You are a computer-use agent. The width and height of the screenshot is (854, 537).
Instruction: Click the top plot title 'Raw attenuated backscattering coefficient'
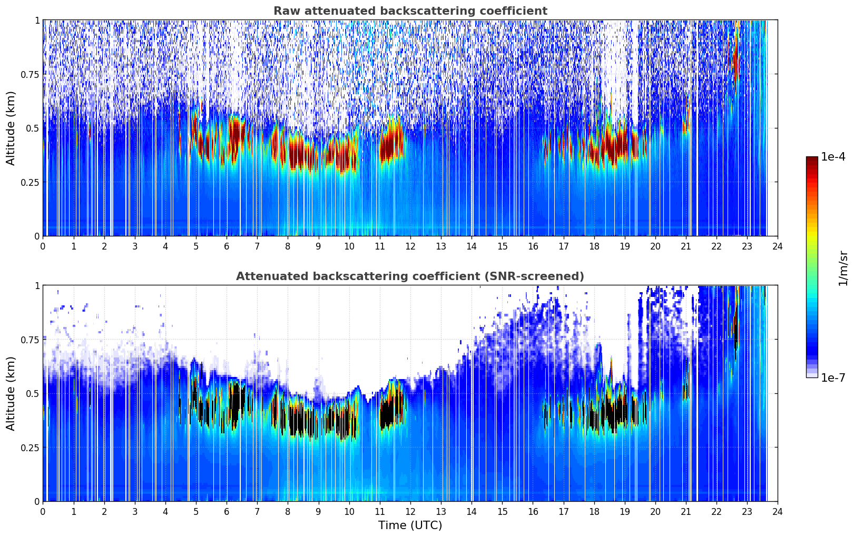coord(410,11)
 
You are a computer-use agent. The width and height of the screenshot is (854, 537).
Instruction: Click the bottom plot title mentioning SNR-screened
coord(410,276)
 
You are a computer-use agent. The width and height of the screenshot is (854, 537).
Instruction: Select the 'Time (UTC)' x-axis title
coord(410,525)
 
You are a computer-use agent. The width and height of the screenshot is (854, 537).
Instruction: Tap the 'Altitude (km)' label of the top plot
coord(11,128)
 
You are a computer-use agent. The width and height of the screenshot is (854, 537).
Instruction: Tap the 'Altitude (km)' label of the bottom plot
coord(11,393)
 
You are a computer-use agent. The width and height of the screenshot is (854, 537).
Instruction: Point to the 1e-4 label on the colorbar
coord(833,157)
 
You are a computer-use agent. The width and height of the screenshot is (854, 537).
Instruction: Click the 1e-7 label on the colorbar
coord(833,377)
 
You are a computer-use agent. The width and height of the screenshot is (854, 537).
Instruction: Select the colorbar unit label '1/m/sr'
coord(843,268)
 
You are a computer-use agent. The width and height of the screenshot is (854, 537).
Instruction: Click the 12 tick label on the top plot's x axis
coord(410,246)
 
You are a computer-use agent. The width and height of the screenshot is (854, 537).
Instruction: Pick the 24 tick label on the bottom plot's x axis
coord(778,511)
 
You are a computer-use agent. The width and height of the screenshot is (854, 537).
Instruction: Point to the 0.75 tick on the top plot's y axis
coord(30,74)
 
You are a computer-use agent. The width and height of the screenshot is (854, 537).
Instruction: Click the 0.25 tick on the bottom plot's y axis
coord(30,447)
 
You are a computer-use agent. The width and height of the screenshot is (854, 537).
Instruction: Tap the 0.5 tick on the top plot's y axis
coord(33,128)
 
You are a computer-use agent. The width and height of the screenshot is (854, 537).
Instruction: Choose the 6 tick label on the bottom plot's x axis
coord(227,511)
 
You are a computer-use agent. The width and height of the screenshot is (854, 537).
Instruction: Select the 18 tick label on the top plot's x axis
coord(594,246)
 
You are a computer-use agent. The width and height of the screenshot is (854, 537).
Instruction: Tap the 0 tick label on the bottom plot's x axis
coord(43,511)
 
